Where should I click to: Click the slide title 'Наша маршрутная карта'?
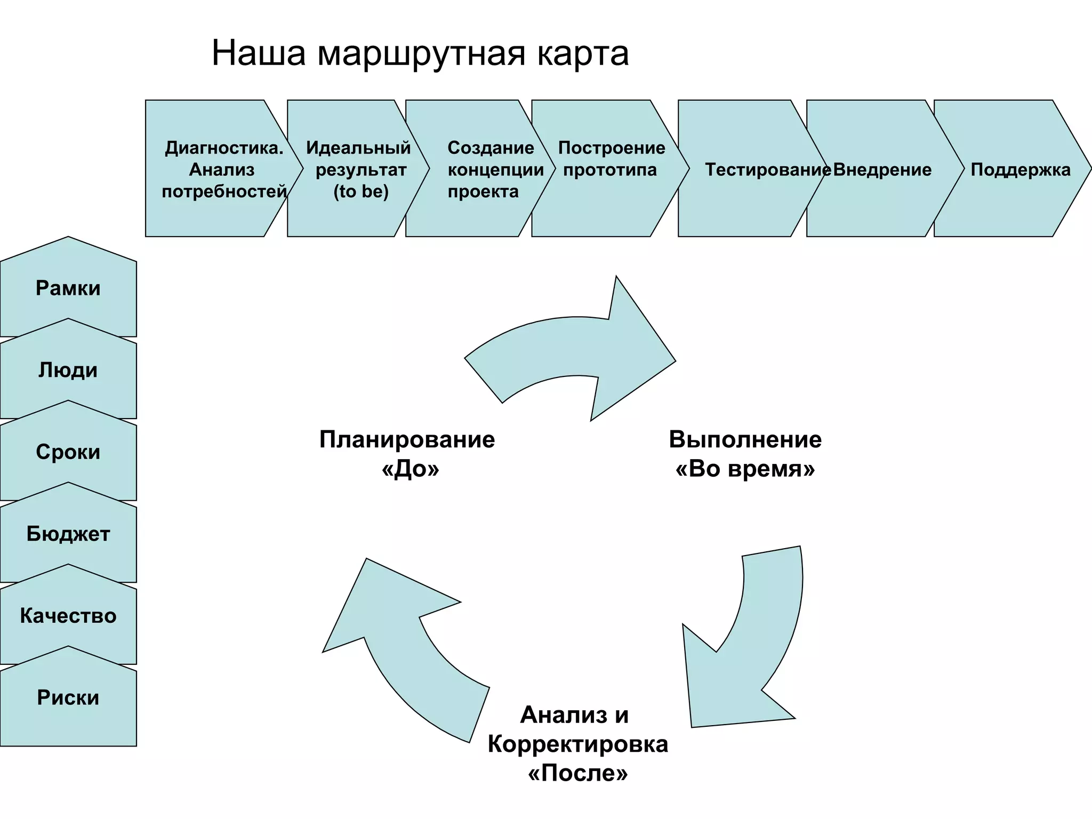click(420, 53)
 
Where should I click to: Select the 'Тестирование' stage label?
click(767, 170)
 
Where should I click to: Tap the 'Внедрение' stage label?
click(882, 170)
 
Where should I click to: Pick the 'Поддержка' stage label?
click(1020, 170)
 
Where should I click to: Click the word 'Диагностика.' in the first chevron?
click(224, 148)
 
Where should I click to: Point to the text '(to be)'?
click(361, 191)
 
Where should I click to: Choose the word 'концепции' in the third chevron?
click(495, 170)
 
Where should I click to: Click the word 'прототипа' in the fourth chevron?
click(609, 170)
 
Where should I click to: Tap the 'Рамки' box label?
click(68, 288)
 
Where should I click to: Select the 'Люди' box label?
click(68, 370)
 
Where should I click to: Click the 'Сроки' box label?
click(68, 452)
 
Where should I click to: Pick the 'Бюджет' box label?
click(68, 534)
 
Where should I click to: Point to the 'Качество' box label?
click(68, 616)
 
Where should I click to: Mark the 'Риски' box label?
click(68, 697)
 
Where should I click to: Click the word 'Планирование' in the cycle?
click(407, 440)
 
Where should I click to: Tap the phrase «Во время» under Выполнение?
click(745, 469)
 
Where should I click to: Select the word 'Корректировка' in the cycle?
click(577, 744)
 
